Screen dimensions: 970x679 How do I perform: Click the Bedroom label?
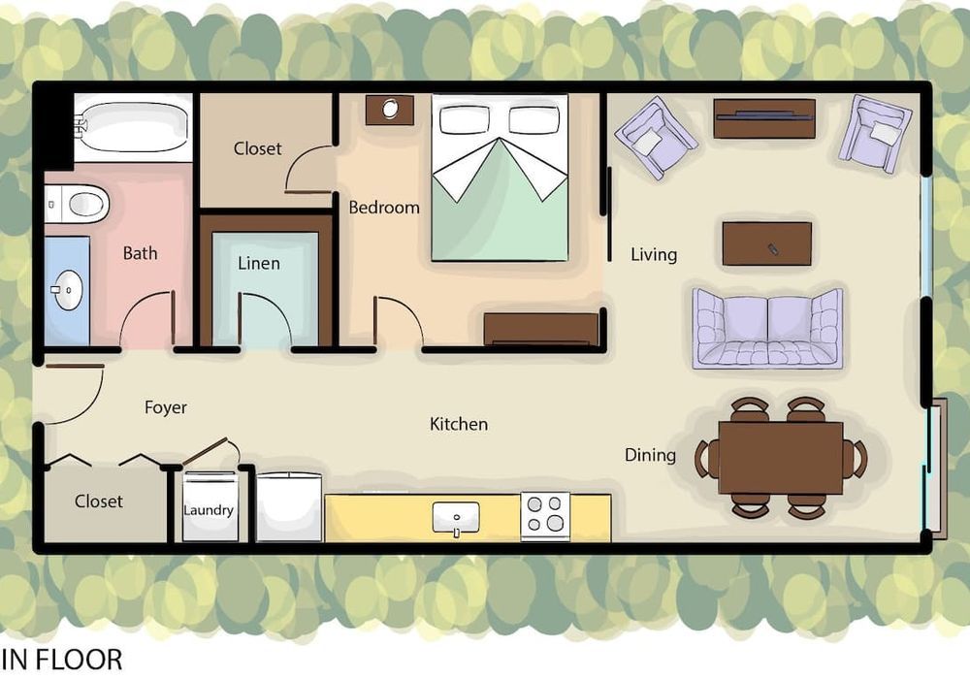(383, 208)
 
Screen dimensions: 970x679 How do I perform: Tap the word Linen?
(259, 264)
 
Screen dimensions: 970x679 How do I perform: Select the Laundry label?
(209, 510)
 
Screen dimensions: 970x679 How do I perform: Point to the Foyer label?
(165, 407)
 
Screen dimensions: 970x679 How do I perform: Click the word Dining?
(650, 455)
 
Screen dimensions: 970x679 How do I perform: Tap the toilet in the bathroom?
(78, 204)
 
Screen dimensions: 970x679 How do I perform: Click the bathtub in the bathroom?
(133, 127)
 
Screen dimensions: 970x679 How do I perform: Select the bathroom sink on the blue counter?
(67, 289)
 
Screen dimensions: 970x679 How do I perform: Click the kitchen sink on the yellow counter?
(456, 518)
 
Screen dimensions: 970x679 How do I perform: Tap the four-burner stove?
(545, 516)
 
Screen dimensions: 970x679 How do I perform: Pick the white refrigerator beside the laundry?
(289, 507)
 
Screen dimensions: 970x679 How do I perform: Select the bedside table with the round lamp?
(390, 110)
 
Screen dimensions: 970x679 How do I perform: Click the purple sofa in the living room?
(767, 329)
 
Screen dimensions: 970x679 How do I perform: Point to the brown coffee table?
(766, 243)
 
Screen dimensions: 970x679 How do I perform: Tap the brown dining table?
(781, 458)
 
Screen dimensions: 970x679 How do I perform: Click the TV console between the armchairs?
(764, 118)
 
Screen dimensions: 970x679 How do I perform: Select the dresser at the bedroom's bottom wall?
(541, 329)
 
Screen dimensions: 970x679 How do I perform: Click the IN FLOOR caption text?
(61, 660)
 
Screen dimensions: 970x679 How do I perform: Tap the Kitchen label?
(459, 424)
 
